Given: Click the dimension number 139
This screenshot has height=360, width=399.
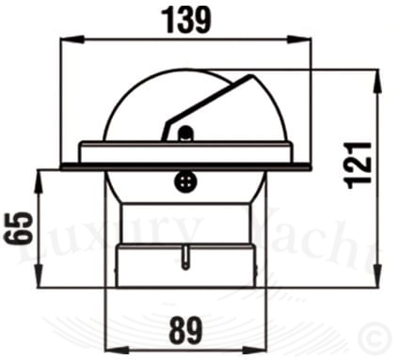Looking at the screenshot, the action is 186,21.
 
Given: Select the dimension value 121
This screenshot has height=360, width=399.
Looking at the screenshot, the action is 358,165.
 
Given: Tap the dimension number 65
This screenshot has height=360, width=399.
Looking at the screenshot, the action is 18,227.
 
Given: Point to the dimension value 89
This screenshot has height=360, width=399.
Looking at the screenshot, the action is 185,330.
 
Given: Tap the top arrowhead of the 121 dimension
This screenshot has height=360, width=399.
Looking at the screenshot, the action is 377,81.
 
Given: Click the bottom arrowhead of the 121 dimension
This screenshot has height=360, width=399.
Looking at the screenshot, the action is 377,275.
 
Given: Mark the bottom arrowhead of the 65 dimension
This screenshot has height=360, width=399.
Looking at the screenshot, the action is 39,275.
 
